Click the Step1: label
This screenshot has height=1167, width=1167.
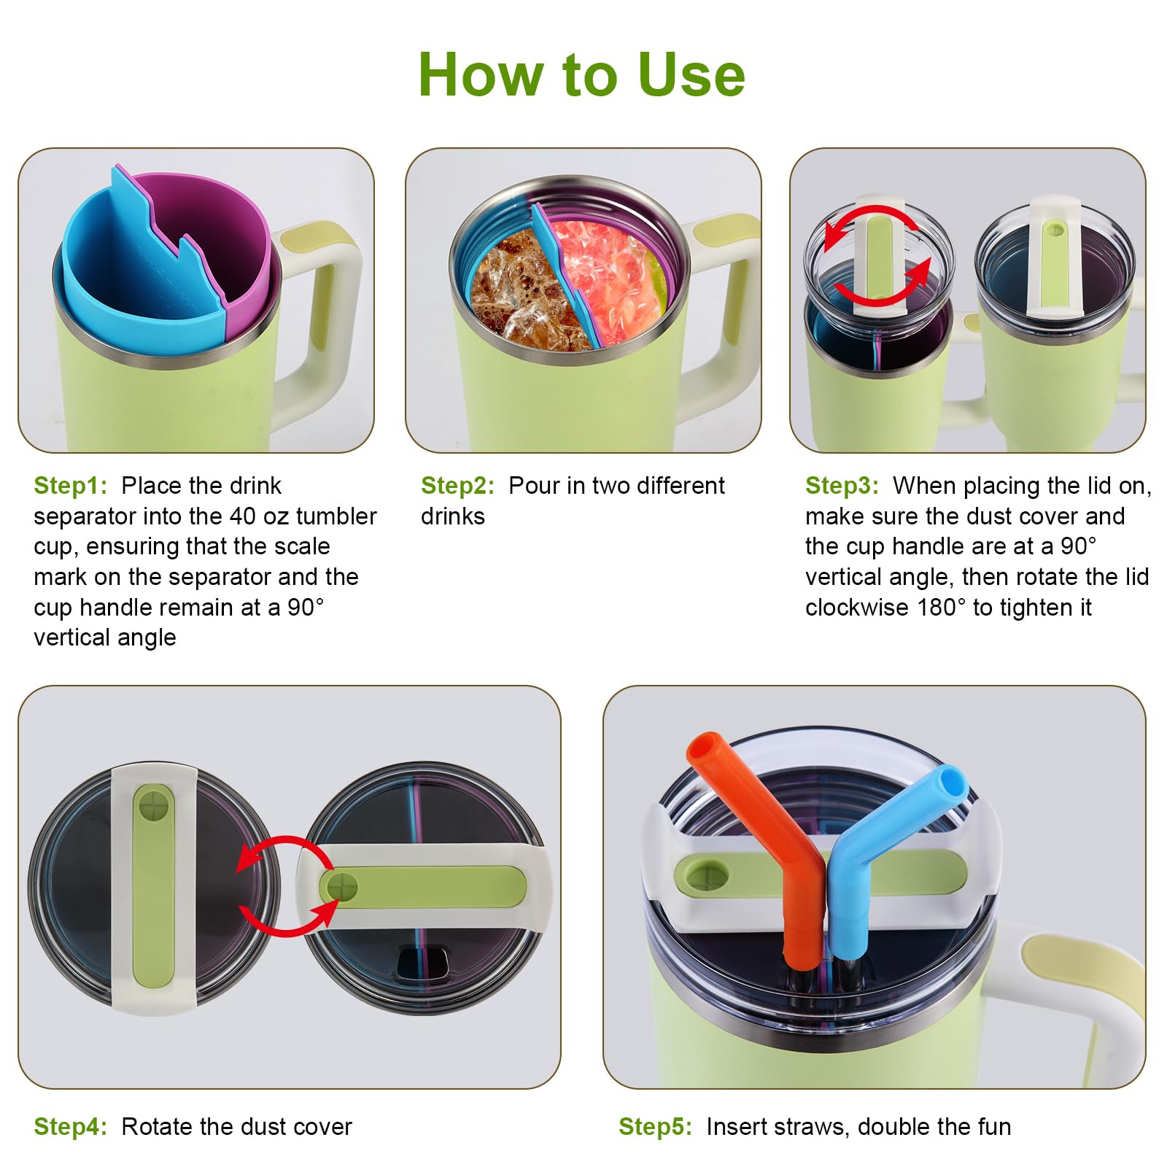(x=70, y=486)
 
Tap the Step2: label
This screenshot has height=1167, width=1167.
(x=457, y=486)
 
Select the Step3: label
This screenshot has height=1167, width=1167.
(x=842, y=486)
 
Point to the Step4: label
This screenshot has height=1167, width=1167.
(x=70, y=1127)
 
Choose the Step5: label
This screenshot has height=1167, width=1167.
(x=655, y=1127)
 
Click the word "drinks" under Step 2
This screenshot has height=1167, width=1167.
(x=453, y=516)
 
